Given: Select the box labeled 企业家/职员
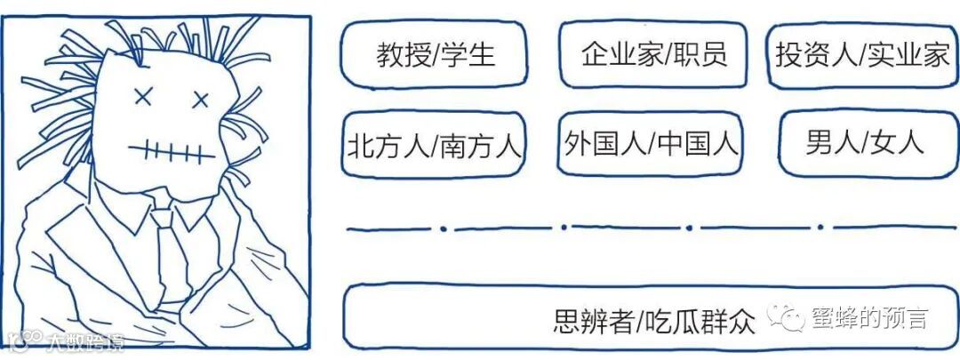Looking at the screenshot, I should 654,55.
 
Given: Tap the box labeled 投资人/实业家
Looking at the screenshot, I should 862,55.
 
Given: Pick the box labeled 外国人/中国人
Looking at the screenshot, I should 652,143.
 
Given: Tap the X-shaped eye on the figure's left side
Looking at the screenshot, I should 140,96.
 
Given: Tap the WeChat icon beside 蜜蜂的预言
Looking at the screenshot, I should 785,317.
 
